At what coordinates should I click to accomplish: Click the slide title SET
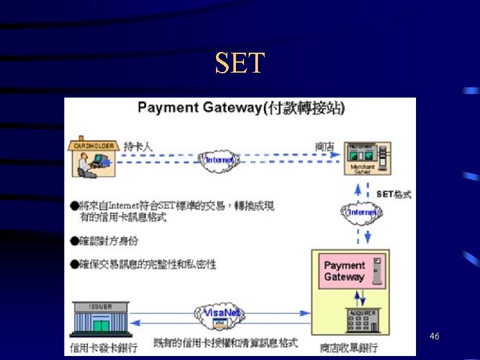coord(240,63)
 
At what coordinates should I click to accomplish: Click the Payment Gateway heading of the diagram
coord(241,107)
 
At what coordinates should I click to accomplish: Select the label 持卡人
coord(139,146)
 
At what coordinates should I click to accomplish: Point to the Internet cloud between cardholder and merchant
coord(220,160)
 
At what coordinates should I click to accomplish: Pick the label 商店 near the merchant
coord(325,146)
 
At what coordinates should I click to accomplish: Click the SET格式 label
coord(393,194)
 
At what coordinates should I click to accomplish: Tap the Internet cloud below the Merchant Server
coord(363,211)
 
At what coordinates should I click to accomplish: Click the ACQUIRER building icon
coord(362,321)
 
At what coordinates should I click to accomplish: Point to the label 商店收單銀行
coord(348,347)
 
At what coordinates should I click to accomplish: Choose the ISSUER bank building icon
coord(100,320)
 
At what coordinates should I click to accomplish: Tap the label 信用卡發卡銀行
coord(103,347)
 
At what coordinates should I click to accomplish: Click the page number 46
coord(434,337)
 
